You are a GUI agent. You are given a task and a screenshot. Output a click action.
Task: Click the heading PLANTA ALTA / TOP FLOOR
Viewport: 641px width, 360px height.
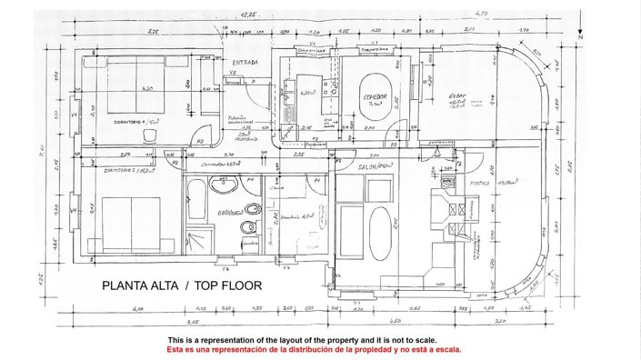182,285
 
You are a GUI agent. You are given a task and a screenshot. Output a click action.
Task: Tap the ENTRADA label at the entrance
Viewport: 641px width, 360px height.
244,62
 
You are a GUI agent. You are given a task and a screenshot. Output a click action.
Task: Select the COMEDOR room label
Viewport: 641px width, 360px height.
375,96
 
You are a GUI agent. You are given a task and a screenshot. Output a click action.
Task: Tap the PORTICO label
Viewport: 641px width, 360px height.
481,183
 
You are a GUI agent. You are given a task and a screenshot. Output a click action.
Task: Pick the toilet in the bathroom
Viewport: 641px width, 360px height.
245,226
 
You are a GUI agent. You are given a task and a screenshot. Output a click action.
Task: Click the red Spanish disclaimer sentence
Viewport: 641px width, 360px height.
320,349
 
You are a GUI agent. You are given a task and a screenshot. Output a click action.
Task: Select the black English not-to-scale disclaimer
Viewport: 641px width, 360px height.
320,339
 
